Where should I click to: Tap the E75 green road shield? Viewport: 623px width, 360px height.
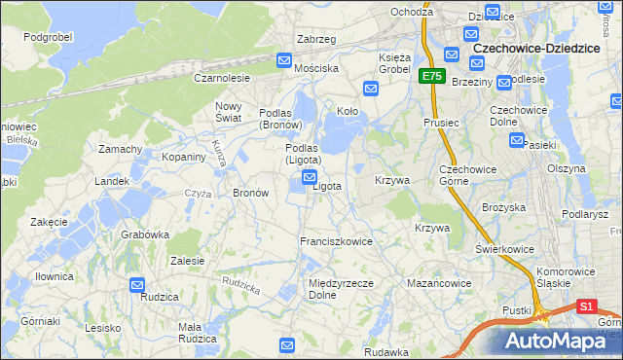(431, 75)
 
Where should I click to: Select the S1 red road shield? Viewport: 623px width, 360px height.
(586, 306)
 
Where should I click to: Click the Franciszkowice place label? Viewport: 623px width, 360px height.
(337, 241)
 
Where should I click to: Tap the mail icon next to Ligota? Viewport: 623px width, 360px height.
(310, 176)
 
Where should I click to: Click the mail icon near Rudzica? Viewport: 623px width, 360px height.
(138, 285)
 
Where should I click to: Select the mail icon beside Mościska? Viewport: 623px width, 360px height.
(284, 60)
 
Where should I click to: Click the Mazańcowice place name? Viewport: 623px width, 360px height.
(439, 283)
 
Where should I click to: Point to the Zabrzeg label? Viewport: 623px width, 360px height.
(315, 39)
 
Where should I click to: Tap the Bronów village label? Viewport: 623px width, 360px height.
(250, 193)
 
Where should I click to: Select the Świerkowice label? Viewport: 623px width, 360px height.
(504, 249)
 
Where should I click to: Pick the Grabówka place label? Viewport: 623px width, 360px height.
(145, 234)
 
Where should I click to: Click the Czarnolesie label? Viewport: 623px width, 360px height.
(222, 77)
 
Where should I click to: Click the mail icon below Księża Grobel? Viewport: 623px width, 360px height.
(371, 90)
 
